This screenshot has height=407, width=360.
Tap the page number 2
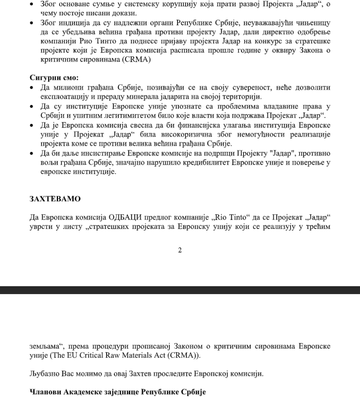[180, 250]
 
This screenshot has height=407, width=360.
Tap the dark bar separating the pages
[180, 290]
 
